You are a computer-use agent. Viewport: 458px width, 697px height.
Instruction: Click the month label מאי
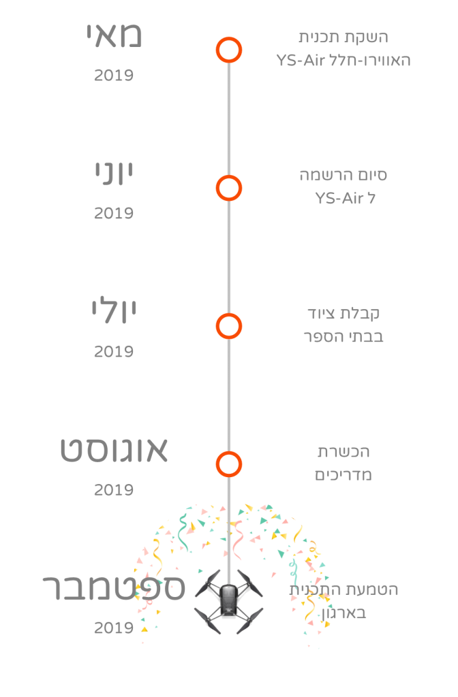(114, 35)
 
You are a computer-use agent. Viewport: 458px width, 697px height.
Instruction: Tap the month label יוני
(114, 174)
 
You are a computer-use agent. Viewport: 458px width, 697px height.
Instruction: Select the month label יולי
(114, 310)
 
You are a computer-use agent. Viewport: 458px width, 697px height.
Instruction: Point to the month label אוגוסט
(114, 449)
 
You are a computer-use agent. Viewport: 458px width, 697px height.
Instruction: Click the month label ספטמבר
(114, 587)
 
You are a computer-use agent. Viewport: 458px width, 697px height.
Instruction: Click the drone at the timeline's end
(229, 602)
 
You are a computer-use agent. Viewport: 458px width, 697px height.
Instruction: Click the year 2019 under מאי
(114, 75)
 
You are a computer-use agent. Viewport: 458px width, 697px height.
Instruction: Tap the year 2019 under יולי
(114, 352)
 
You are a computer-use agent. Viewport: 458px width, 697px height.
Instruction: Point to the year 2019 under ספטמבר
(114, 628)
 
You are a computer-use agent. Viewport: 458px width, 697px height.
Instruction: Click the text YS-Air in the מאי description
(301, 60)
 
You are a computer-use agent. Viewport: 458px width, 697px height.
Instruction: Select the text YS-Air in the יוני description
(339, 198)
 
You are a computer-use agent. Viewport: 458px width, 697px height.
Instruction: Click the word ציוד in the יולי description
(322, 313)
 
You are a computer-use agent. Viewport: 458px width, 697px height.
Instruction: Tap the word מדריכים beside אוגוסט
(343, 474)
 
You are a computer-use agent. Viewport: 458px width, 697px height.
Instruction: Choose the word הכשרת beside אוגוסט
(343, 452)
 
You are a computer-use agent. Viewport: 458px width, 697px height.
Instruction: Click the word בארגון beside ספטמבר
(343, 613)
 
